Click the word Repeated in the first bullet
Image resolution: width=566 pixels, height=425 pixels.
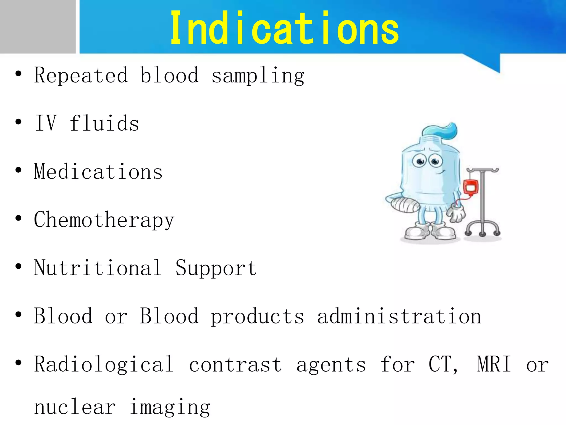81,75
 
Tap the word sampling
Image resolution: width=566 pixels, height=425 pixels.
258,76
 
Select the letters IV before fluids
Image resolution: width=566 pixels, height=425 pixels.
46,123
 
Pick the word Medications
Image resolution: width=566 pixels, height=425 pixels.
98,172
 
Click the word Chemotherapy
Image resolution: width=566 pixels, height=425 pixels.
104,220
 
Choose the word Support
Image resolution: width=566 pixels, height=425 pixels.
216,268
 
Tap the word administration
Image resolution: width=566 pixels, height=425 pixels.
399,316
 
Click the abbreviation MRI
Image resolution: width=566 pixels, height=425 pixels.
494,364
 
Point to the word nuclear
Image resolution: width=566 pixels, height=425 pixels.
75,407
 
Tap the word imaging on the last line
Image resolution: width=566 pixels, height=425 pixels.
170,408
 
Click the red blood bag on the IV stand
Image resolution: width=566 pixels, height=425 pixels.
470,187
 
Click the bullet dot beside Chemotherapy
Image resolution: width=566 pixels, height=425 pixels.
19,218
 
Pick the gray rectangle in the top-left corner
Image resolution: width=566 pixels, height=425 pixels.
38,27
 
